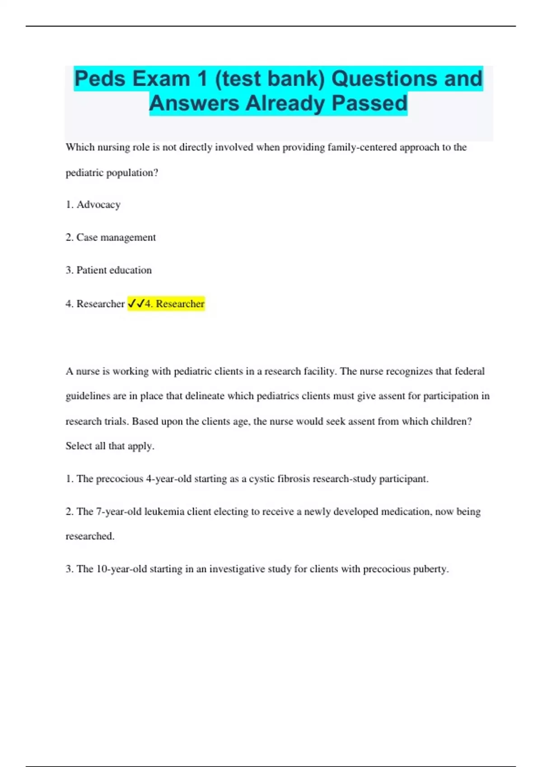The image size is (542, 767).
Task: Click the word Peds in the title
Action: coord(100,79)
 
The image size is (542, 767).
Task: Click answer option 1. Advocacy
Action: coord(93,205)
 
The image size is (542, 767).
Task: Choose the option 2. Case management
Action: coord(111,237)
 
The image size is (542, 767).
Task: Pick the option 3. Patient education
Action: coord(108,270)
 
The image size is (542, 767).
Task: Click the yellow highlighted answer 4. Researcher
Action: coord(174,304)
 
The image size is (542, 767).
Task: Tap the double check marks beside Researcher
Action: coord(135,304)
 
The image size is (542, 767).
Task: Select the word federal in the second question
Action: coord(469,371)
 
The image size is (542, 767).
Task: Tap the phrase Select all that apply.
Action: coord(110,446)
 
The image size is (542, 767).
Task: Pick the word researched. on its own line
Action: coord(90,536)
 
